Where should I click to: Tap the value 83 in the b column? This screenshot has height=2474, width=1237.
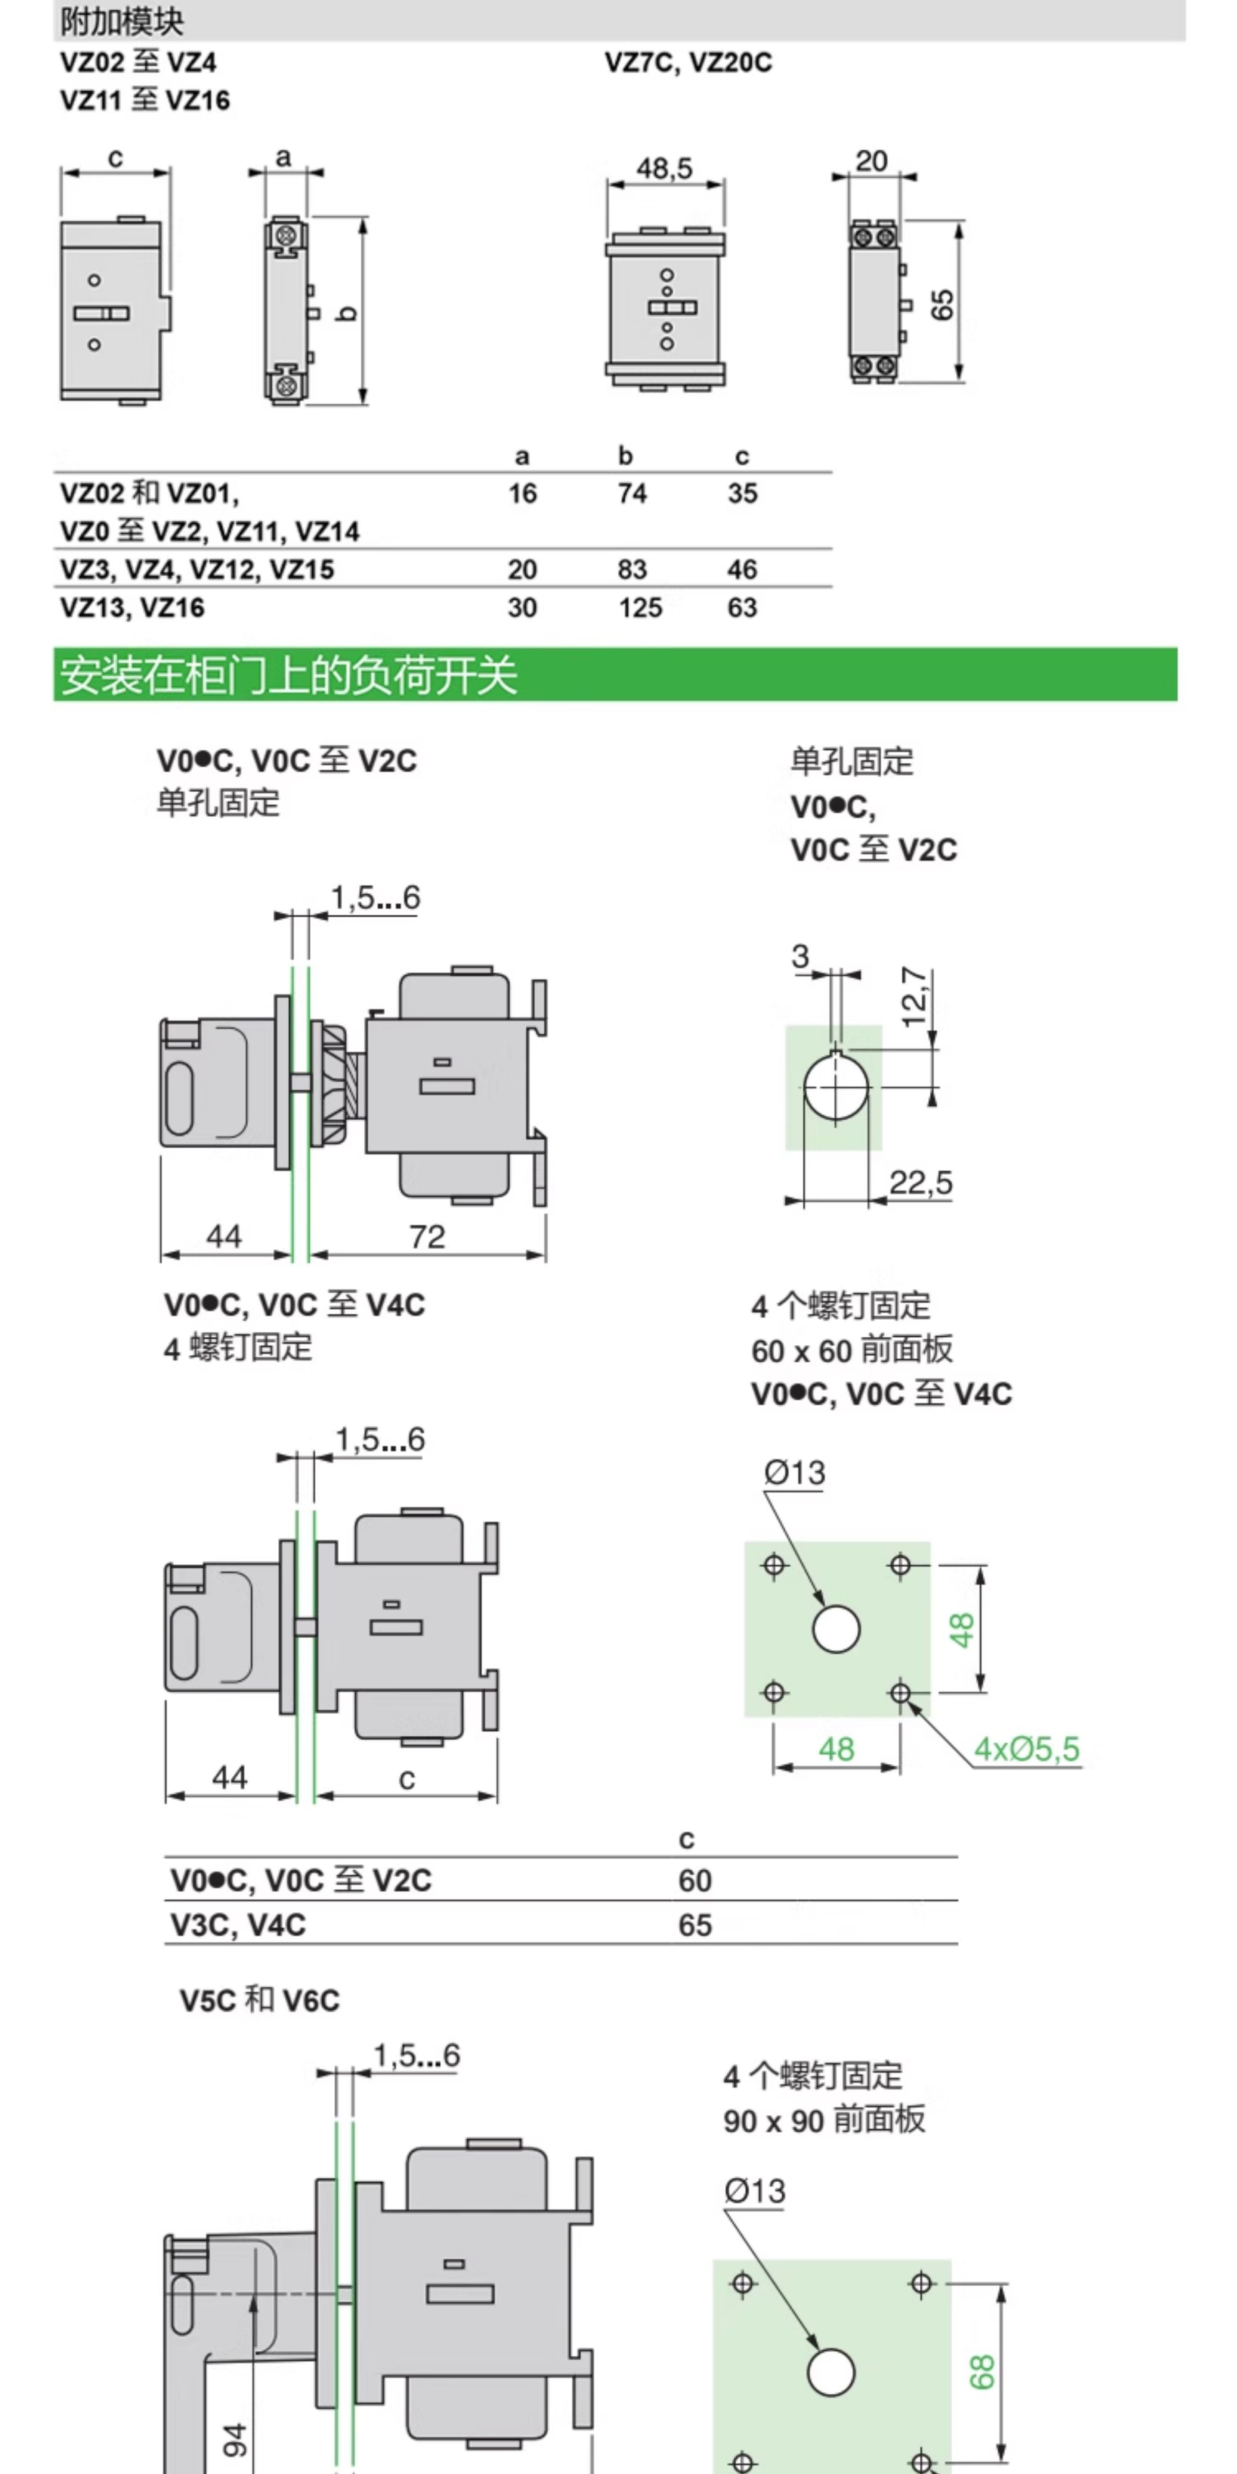point(632,570)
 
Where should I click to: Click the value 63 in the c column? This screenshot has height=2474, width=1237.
point(742,608)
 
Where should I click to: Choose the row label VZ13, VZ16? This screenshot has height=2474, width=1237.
point(133,608)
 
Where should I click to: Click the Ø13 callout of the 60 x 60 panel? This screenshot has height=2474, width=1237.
point(794,1472)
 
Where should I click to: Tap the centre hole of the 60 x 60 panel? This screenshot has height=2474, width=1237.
point(835,1629)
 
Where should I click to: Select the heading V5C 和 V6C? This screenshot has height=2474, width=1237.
point(259,2001)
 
